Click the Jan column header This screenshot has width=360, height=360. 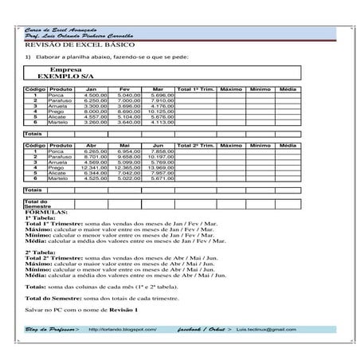[x=92, y=88]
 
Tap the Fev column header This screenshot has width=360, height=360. [x=124, y=88]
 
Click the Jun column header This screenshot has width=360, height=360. [x=158, y=146]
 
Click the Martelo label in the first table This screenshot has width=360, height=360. [x=57, y=122]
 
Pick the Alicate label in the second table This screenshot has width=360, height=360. [x=58, y=173]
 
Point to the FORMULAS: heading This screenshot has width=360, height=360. [x=46, y=213]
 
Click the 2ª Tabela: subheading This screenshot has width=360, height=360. [x=42, y=252]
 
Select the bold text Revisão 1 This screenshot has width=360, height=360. [x=123, y=308]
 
